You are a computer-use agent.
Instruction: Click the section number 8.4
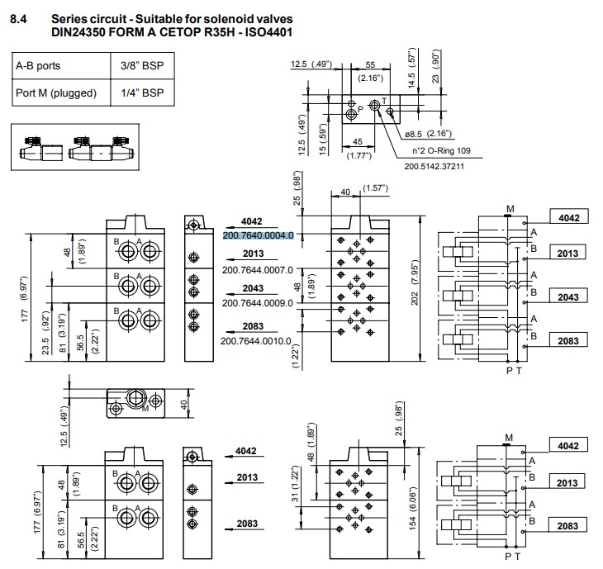pos(18,17)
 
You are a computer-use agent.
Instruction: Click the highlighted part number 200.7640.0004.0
pos(258,235)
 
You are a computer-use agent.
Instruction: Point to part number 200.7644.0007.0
pos(258,270)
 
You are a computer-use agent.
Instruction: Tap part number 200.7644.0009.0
pos(258,303)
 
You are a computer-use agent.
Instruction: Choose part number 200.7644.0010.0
pos(258,340)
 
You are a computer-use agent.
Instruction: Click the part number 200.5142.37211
pos(434,166)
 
